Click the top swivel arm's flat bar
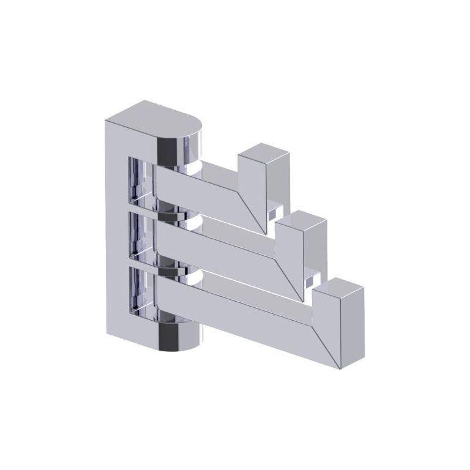[202, 190]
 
